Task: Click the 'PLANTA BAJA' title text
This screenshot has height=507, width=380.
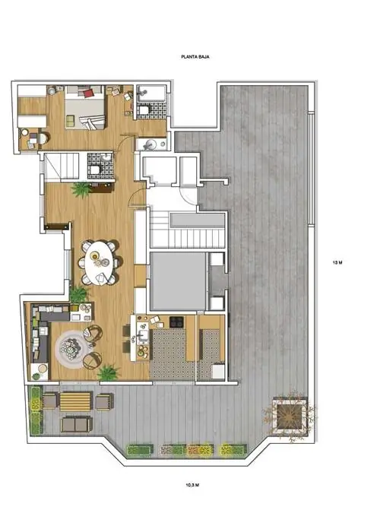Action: pyautogui.click(x=195, y=56)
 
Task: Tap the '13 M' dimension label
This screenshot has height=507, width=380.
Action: pyautogui.click(x=337, y=262)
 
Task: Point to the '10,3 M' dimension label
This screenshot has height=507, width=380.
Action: pyautogui.click(x=192, y=485)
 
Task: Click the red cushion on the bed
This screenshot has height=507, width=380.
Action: pyautogui.click(x=89, y=93)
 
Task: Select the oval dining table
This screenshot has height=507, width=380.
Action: pyautogui.click(x=100, y=263)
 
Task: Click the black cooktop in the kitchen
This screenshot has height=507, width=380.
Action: pyautogui.click(x=176, y=322)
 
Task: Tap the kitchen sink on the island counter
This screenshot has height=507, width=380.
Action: pyautogui.click(x=142, y=335)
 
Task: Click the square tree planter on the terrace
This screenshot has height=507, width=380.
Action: pyautogui.click(x=290, y=415)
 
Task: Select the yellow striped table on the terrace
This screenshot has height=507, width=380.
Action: pyautogui.click(x=75, y=401)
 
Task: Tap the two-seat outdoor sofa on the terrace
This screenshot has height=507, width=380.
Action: pyautogui.click(x=76, y=424)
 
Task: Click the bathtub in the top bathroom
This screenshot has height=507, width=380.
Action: pyautogui.click(x=150, y=93)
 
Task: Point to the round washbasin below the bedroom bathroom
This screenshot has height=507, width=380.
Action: pyautogui.click(x=150, y=144)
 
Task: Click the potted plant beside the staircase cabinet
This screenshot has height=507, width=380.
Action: pyautogui.click(x=81, y=189)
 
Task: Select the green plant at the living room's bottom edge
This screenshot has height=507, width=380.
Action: pyautogui.click(x=109, y=372)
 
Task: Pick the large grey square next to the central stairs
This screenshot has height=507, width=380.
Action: pyautogui.click(x=178, y=281)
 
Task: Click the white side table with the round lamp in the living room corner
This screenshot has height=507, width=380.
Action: pyautogui.click(x=40, y=372)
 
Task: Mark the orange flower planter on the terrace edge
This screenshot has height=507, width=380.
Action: pyautogui.click(x=201, y=450)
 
